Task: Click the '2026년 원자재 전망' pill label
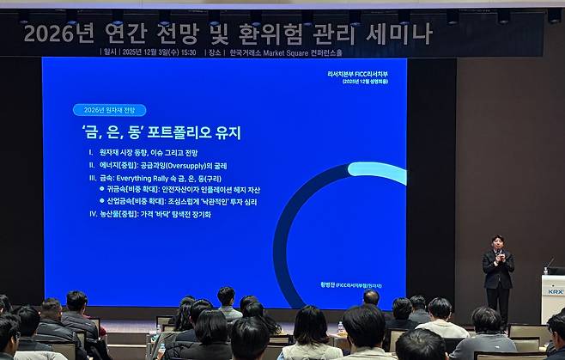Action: (109, 110)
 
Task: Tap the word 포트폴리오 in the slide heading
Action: (179, 133)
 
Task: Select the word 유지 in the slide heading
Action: (228, 133)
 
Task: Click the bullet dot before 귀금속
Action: (102, 189)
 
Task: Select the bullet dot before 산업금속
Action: (102, 201)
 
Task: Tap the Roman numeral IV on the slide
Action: (93, 214)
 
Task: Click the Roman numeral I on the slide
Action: (91, 152)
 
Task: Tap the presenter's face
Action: (497, 242)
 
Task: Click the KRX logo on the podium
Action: (553, 291)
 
